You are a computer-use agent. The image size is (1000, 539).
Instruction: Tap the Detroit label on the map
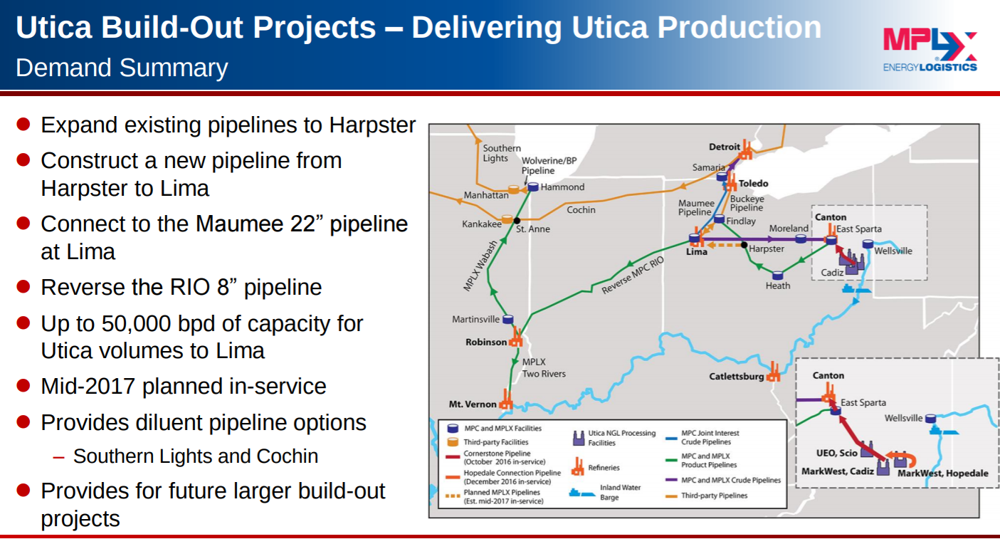pyautogui.click(x=725, y=147)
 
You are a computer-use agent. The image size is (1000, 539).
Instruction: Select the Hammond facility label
pyautogui.click(x=562, y=187)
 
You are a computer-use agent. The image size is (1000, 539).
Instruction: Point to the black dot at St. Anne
pyautogui.click(x=517, y=220)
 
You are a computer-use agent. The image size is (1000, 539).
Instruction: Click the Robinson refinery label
pyautogui.click(x=486, y=342)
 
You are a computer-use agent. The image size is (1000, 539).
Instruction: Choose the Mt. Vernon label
pyautogui.click(x=473, y=404)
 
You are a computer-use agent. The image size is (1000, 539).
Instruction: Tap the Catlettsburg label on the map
pyautogui.click(x=736, y=376)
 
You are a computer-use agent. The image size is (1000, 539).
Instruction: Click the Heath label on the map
pyautogui.click(x=778, y=286)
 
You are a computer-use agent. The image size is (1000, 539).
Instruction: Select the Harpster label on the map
pyautogui.click(x=767, y=248)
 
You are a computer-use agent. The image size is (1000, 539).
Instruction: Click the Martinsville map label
pyautogui.click(x=475, y=319)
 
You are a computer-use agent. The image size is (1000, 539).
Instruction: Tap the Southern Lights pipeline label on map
pyautogui.click(x=496, y=153)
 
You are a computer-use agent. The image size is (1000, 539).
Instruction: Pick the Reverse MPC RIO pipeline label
pyautogui.click(x=632, y=276)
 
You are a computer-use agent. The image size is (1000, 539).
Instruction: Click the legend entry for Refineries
pyautogui.click(x=604, y=468)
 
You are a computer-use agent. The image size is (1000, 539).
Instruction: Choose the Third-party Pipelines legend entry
pyautogui.click(x=714, y=496)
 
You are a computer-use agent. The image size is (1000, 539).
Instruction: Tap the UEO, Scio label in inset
pyautogui.click(x=836, y=452)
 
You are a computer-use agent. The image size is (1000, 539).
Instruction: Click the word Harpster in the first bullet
pyautogui.click(x=372, y=125)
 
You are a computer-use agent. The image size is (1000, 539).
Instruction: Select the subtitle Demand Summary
pyautogui.click(x=122, y=68)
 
